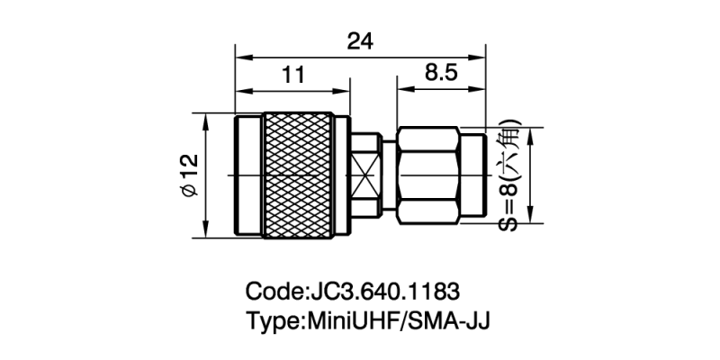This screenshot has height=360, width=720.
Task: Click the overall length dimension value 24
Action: point(360,41)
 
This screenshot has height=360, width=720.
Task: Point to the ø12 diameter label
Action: point(188,175)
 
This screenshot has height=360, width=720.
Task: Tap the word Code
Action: point(274,292)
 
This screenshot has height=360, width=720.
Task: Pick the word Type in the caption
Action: point(274,320)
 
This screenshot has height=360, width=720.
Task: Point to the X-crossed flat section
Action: point(365,175)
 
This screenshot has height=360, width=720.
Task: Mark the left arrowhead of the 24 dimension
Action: point(238,57)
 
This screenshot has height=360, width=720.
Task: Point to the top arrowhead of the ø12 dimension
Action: point(206,120)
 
